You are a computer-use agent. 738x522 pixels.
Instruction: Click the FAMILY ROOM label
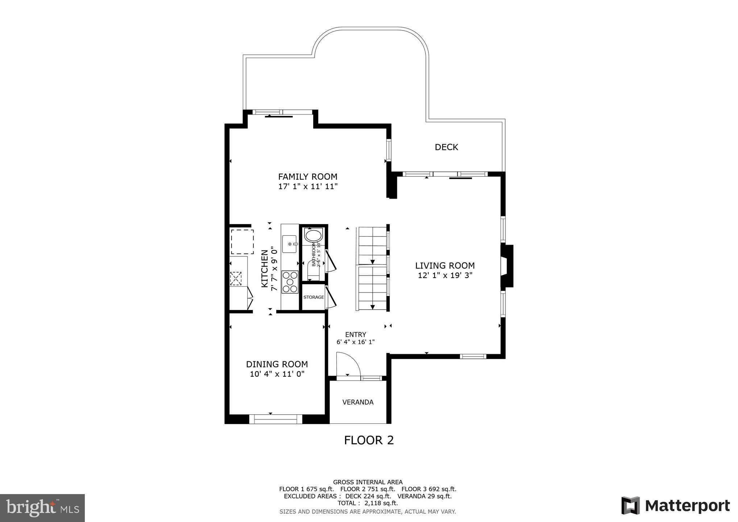307,177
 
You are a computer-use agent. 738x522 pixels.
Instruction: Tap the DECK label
446,147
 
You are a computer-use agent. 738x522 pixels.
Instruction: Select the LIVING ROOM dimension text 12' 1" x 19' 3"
445,275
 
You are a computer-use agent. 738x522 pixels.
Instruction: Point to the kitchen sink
289,244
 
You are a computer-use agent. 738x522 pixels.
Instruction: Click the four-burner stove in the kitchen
290,282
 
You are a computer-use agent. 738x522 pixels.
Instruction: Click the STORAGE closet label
314,297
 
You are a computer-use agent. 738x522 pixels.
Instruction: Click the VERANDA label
358,402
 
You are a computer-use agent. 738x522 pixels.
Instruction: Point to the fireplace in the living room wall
506,266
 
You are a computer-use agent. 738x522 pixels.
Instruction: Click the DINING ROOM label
277,364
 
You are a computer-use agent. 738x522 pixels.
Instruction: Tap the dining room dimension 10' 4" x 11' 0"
277,374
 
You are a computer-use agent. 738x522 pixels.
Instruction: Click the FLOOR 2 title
369,440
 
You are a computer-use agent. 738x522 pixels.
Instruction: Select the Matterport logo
675,506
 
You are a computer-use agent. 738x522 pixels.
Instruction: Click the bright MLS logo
42,508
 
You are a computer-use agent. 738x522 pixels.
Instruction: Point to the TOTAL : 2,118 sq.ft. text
368,503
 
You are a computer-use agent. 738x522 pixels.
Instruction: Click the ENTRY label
355,335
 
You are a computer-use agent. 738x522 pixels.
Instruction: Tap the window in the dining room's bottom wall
275,419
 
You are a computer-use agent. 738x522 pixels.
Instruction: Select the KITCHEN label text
265,269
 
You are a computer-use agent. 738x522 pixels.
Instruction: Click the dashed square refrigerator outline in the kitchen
242,241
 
